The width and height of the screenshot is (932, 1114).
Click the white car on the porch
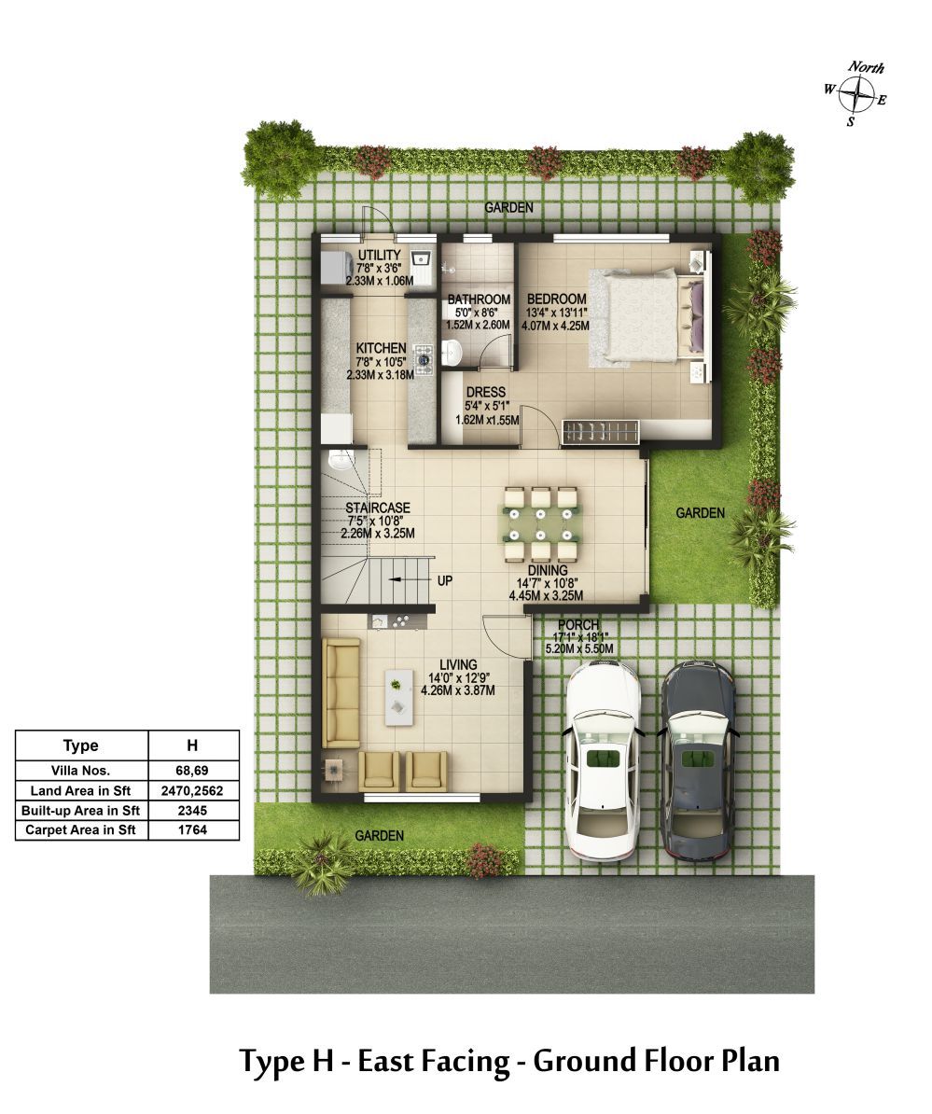click(x=603, y=760)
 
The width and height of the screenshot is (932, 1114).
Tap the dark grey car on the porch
click(x=698, y=760)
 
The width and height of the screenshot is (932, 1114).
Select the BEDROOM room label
click(x=557, y=299)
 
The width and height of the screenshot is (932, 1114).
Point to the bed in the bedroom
click(x=647, y=316)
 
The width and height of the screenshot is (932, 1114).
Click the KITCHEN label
click(x=381, y=348)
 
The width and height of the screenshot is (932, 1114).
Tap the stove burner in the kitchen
click(x=424, y=359)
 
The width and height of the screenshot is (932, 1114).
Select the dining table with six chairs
click(x=541, y=524)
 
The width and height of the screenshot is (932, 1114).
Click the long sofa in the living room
click(x=341, y=692)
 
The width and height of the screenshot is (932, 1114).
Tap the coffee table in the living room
click(x=399, y=697)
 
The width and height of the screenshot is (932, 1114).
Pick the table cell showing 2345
click(x=192, y=811)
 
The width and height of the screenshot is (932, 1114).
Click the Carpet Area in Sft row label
click(x=80, y=829)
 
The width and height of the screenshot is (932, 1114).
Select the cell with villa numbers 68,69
click(x=192, y=770)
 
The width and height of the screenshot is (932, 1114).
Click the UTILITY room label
click(x=380, y=255)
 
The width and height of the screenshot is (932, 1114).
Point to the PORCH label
click(x=578, y=625)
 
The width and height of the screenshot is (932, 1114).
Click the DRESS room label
click(x=486, y=392)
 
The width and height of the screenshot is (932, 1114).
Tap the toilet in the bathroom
click(x=451, y=352)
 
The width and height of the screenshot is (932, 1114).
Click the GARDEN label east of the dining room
click(x=701, y=513)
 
